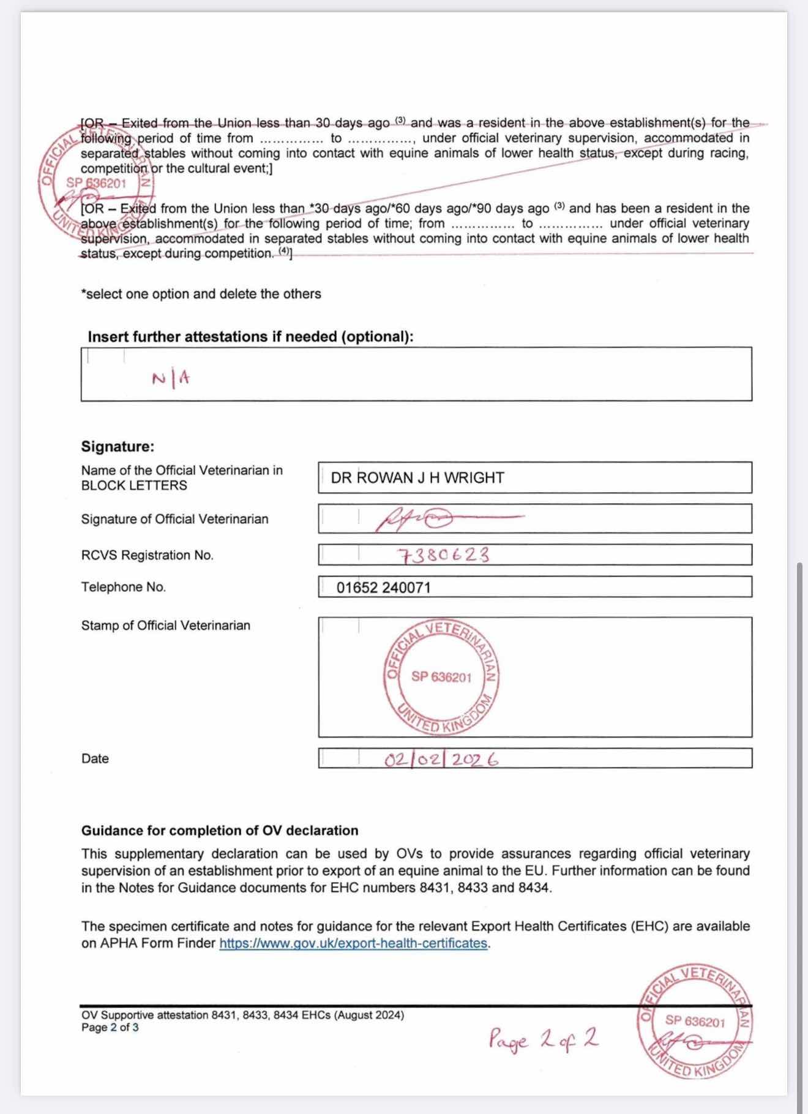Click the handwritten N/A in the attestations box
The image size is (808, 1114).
point(171,379)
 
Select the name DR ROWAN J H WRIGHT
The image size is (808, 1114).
point(417,478)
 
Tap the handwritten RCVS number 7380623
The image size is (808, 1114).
point(444,555)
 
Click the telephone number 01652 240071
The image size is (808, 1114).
point(384,588)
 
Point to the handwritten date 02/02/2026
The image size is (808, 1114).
point(441,760)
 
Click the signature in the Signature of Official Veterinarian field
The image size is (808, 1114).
point(428,519)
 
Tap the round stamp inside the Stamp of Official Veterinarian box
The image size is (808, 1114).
point(442,677)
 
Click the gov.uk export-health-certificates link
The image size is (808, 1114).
point(353,943)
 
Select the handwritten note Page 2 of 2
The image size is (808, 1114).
point(543,1039)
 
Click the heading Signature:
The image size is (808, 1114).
point(118,446)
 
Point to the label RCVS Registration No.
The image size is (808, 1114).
point(148,555)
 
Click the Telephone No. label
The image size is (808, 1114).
point(124,587)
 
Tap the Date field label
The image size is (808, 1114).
point(95,758)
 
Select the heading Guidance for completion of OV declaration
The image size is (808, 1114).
point(220,831)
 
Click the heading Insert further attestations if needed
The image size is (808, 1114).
point(250,337)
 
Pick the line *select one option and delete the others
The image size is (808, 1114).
point(201,294)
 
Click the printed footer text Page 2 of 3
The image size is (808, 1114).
point(110,1028)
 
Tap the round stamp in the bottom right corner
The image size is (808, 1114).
point(695,1022)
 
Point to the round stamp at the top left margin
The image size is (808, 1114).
point(95,182)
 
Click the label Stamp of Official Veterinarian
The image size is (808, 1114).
point(166,626)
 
